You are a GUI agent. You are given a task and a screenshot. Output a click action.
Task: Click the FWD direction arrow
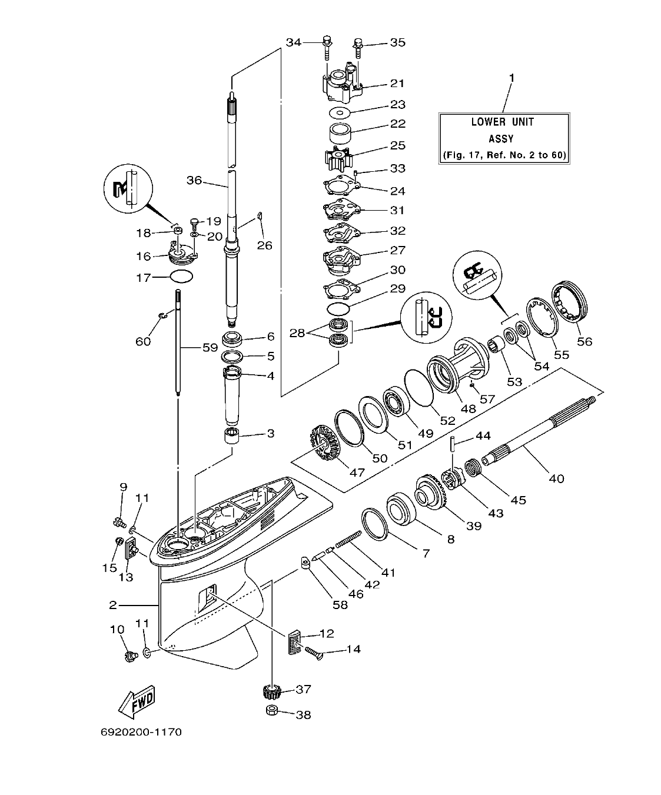tap(137, 699)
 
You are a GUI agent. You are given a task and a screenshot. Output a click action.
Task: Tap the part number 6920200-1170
tap(140, 733)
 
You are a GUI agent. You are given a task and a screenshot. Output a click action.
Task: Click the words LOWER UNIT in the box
tap(503, 122)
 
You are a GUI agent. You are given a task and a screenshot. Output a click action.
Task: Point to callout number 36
tap(195, 179)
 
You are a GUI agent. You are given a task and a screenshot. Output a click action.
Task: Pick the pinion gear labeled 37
tap(271, 690)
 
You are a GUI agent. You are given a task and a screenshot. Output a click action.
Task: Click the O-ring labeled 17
tap(181, 277)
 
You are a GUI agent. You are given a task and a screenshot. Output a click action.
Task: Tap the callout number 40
tap(556, 478)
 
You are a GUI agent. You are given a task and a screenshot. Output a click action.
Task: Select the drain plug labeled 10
tap(129, 654)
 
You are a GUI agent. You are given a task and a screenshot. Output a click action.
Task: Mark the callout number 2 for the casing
tap(113, 604)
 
